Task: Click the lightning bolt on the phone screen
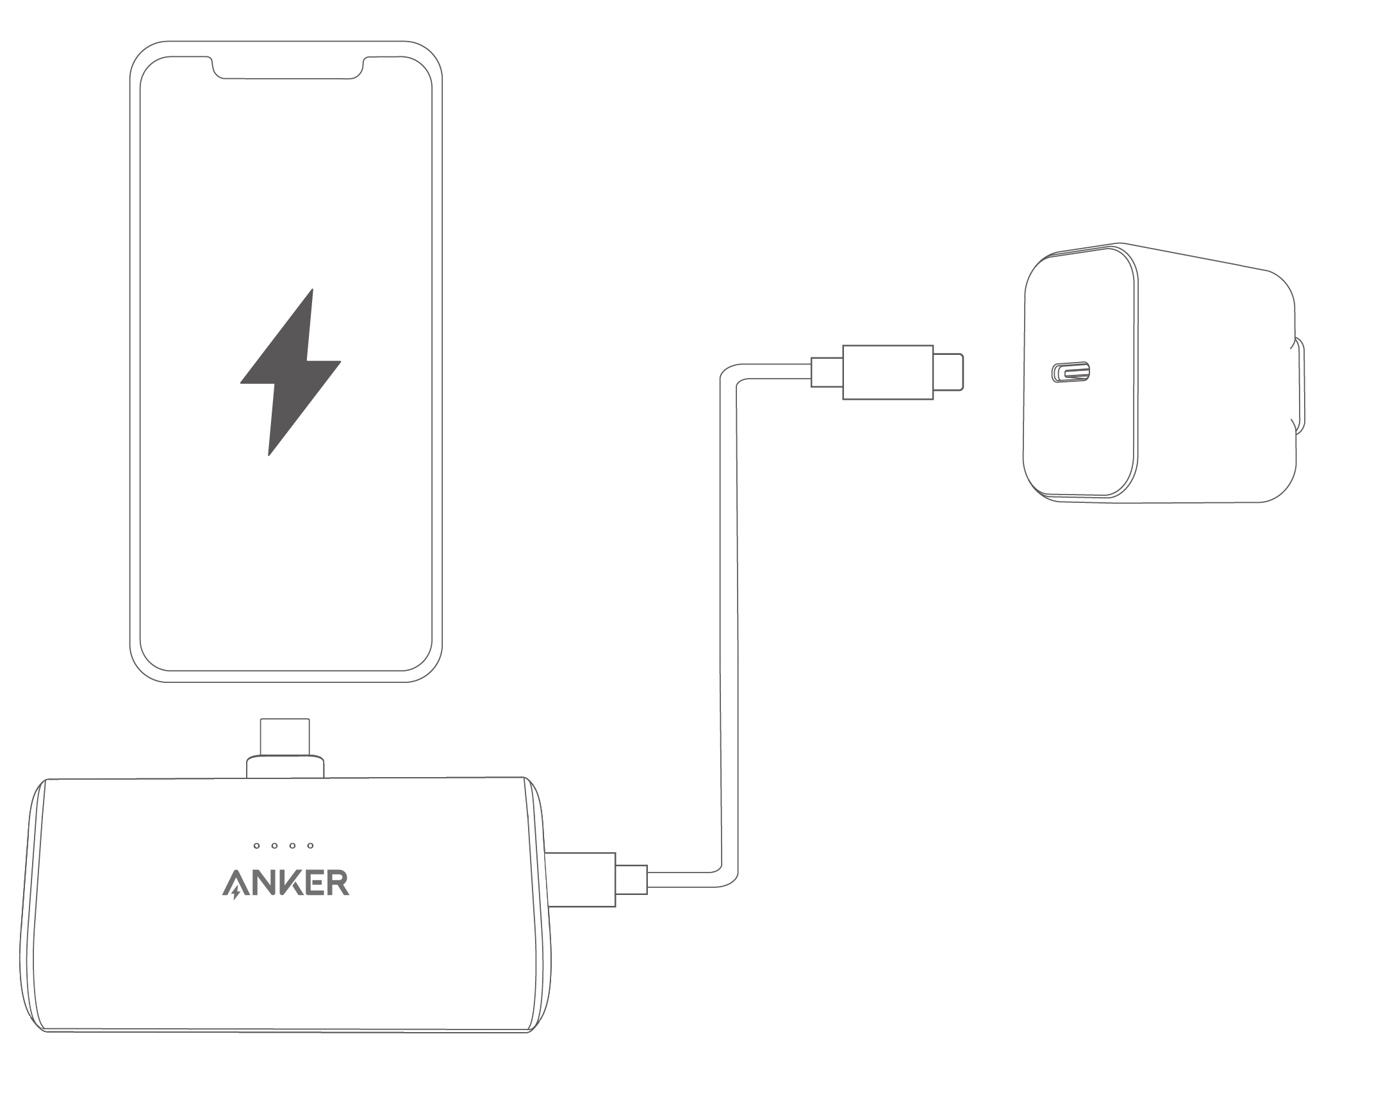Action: pos(291,372)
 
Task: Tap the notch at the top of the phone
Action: pos(288,67)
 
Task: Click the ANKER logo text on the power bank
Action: pos(286,884)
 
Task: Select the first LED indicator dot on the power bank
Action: pos(256,846)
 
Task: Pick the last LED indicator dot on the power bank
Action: pos(310,846)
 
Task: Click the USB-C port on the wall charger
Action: pos(1070,372)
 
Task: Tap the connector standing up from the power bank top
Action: pos(285,737)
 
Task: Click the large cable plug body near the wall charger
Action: pos(888,372)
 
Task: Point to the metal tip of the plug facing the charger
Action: pos(948,372)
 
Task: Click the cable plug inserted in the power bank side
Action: pos(581,880)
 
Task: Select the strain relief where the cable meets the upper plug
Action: pos(827,372)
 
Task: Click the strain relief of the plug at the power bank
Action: pos(631,880)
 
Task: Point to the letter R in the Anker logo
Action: pos(339,883)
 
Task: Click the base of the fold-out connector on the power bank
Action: pos(285,766)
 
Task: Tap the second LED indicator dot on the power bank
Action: pos(275,846)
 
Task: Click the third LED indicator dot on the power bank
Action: pos(292,846)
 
